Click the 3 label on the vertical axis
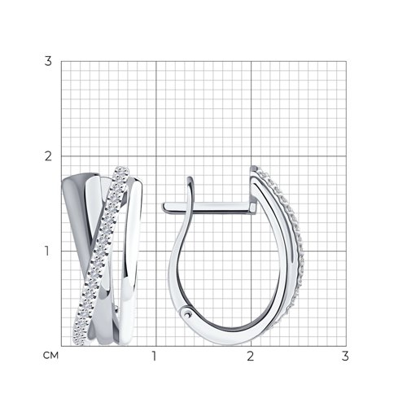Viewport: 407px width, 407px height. coord(48,61)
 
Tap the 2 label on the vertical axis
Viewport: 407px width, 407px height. coord(48,156)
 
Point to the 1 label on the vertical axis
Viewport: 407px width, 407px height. coord(47,251)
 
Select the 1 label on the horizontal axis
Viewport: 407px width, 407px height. coord(155,356)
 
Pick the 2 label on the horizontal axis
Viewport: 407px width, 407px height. coord(251,356)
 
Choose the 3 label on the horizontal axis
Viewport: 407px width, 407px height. coord(345,356)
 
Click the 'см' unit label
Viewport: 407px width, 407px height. coord(50,356)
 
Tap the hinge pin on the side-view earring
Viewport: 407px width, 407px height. coord(186,314)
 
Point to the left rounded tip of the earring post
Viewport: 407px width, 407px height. coord(163,208)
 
